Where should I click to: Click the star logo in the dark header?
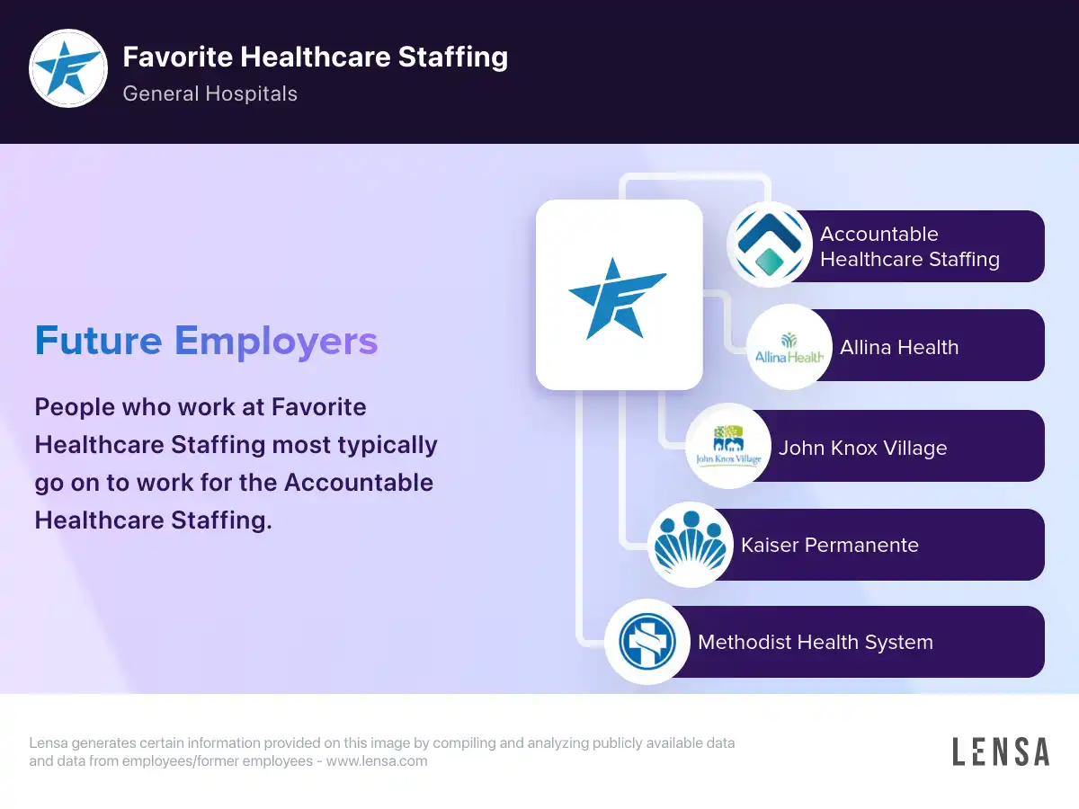click(x=68, y=67)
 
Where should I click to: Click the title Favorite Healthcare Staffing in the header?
click(x=315, y=57)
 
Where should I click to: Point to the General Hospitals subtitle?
click(x=210, y=93)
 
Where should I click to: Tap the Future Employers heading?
click(x=207, y=341)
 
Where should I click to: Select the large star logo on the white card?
click(x=618, y=298)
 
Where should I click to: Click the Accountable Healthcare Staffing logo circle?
click(x=770, y=244)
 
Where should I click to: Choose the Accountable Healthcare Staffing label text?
click(x=909, y=246)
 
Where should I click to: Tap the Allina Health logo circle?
click(x=789, y=347)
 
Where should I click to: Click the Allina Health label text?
click(x=899, y=347)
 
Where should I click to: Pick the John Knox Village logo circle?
click(x=728, y=446)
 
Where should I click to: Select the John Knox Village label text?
click(x=862, y=448)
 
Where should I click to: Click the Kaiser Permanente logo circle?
click(x=691, y=545)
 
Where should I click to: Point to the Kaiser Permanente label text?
click(x=830, y=546)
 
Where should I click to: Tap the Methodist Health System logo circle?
click(x=647, y=642)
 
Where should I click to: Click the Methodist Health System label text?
click(x=816, y=642)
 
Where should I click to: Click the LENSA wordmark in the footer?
click(x=1001, y=751)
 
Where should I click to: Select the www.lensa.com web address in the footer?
click(x=377, y=760)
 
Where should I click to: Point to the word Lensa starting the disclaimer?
click(x=49, y=742)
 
